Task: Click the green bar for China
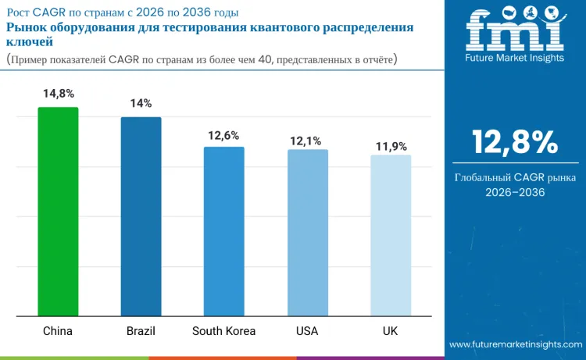click(58, 212)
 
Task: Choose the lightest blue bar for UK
click(390, 235)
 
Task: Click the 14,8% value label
click(58, 94)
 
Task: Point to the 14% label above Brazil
click(141, 104)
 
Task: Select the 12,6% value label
click(223, 135)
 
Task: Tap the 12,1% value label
click(307, 139)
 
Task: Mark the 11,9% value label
click(390, 144)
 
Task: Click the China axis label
click(58, 331)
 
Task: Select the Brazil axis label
click(141, 331)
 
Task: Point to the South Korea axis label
click(223, 331)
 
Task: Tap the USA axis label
click(307, 331)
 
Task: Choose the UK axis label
click(390, 331)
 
